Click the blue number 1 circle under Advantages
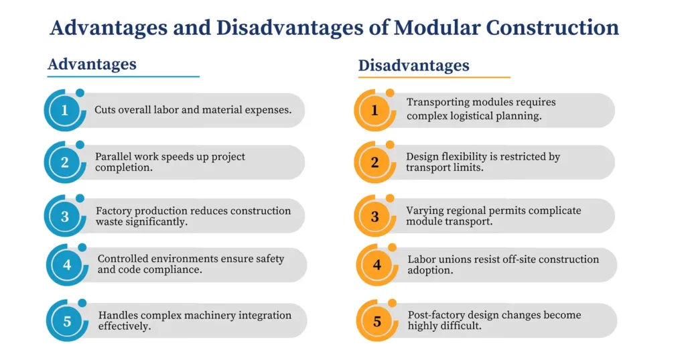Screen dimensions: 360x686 (64, 110)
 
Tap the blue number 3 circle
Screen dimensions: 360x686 (64, 216)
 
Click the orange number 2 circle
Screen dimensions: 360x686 (374, 162)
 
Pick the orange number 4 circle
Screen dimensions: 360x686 (377, 265)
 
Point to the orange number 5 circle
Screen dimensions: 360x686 (377, 321)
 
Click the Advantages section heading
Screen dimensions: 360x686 (92, 64)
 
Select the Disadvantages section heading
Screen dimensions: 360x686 (413, 66)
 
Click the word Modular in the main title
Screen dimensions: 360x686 (437, 27)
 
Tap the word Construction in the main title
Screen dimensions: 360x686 (553, 27)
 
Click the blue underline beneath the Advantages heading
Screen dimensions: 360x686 (123, 76)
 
